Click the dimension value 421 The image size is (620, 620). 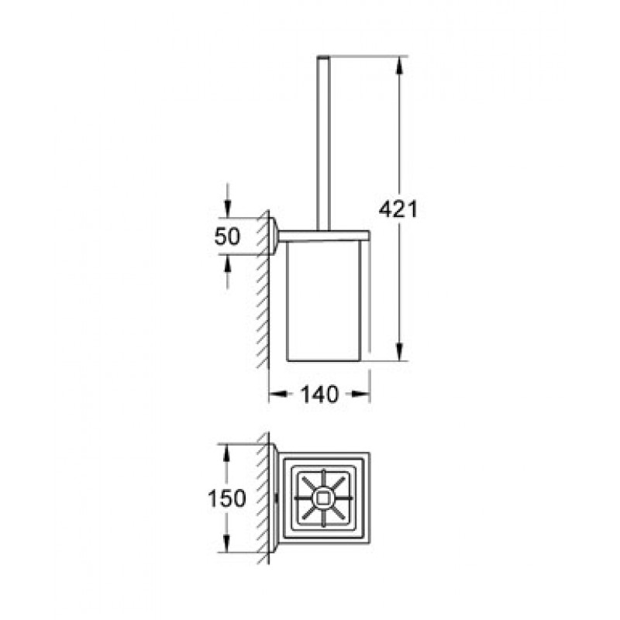398,208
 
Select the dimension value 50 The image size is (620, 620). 227,236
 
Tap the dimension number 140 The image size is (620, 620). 320,394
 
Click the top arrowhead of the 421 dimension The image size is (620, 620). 399,64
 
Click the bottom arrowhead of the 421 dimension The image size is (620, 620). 399,352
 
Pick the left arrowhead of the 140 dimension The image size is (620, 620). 277,394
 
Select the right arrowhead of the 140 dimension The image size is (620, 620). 360,394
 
